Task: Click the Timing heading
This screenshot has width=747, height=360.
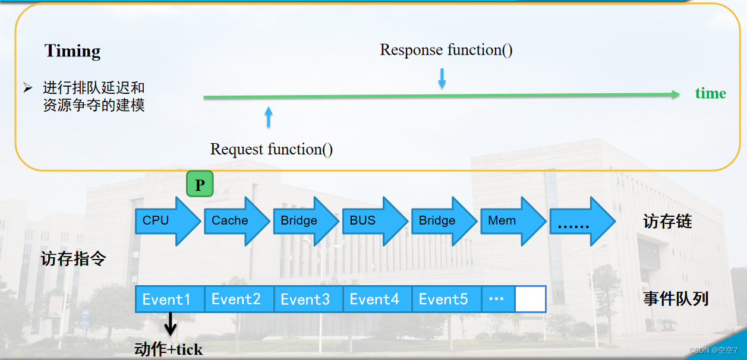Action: [x=73, y=51]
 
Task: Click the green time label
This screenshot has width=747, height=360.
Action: [x=710, y=93]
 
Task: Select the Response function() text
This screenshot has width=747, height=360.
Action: [x=446, y=50]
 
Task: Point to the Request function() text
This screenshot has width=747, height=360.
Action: [x=272, y=149]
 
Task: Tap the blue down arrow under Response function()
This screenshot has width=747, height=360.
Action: [x=442, y=78]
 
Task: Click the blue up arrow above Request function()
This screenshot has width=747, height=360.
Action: [x=269, y=117]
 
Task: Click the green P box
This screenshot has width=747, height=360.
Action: [x=200, y=184]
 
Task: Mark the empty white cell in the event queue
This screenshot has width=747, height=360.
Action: [x=530, y=299]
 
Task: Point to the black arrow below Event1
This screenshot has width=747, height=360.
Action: [x=171, y=324]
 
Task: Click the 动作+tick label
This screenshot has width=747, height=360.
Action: [x=169, y=349]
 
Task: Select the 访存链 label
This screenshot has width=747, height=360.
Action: [x=667, y=222]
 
